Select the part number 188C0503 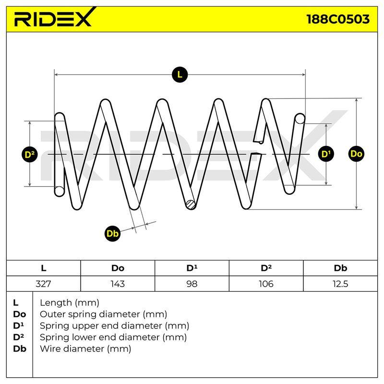tap(338, 19)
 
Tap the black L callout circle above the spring tap(180, 74)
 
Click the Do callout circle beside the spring tap(356, 154)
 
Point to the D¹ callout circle tap(326, 154)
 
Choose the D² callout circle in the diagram tap(30, 155)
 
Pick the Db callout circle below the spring tap(112, 233)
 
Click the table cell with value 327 tap(43, 284)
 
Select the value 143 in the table tap(118, 284)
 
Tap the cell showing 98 tap(192, 284)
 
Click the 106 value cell tap(266, 284)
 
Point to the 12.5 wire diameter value tap(340, 284)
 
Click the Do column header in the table tap(118, 268)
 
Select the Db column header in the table tap(340, 268)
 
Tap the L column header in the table tap(44, 268)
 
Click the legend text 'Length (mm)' tap(70, 303)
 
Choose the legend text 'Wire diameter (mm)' tap(85, 349)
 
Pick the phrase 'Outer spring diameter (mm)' tap(103, 314)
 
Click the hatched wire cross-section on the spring tap(191, 204)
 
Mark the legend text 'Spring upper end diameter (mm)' tap(114, 326)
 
